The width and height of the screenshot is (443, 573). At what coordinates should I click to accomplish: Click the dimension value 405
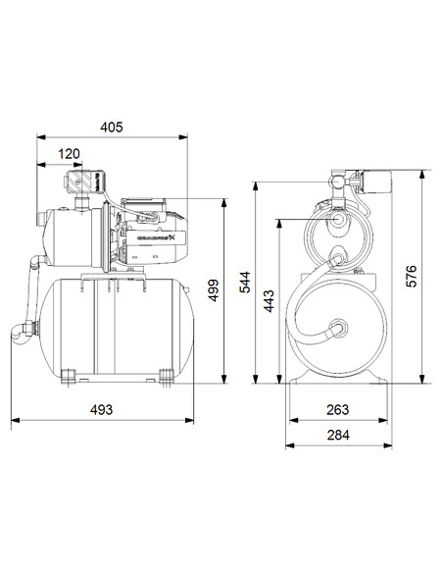pos(114,128)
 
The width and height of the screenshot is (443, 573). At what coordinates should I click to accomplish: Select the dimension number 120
pos(70,154)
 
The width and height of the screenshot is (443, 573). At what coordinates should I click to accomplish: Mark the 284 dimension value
pos(336,435)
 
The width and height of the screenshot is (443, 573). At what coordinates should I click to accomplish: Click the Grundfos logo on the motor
pos(155,236)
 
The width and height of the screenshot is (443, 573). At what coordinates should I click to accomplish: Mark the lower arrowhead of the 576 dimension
pos(423,380)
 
